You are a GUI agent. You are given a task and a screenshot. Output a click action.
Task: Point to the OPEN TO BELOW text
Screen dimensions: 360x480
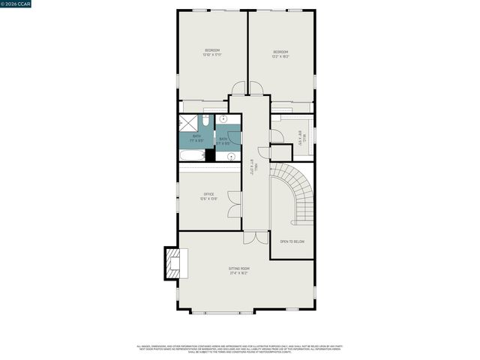(292, 241)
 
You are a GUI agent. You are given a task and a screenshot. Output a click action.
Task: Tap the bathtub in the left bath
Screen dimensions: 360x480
(192, 156)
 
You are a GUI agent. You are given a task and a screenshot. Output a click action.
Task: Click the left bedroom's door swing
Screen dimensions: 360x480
(238, 88)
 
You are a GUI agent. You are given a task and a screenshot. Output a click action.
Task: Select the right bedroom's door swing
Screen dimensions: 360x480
(256, 88)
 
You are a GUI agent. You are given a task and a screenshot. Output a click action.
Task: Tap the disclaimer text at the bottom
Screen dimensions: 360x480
(240, 349)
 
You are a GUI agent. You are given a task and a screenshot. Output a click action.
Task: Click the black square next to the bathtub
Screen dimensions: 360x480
(211, 155)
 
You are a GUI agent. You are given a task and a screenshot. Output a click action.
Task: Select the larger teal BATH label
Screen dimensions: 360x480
(196, 137)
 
